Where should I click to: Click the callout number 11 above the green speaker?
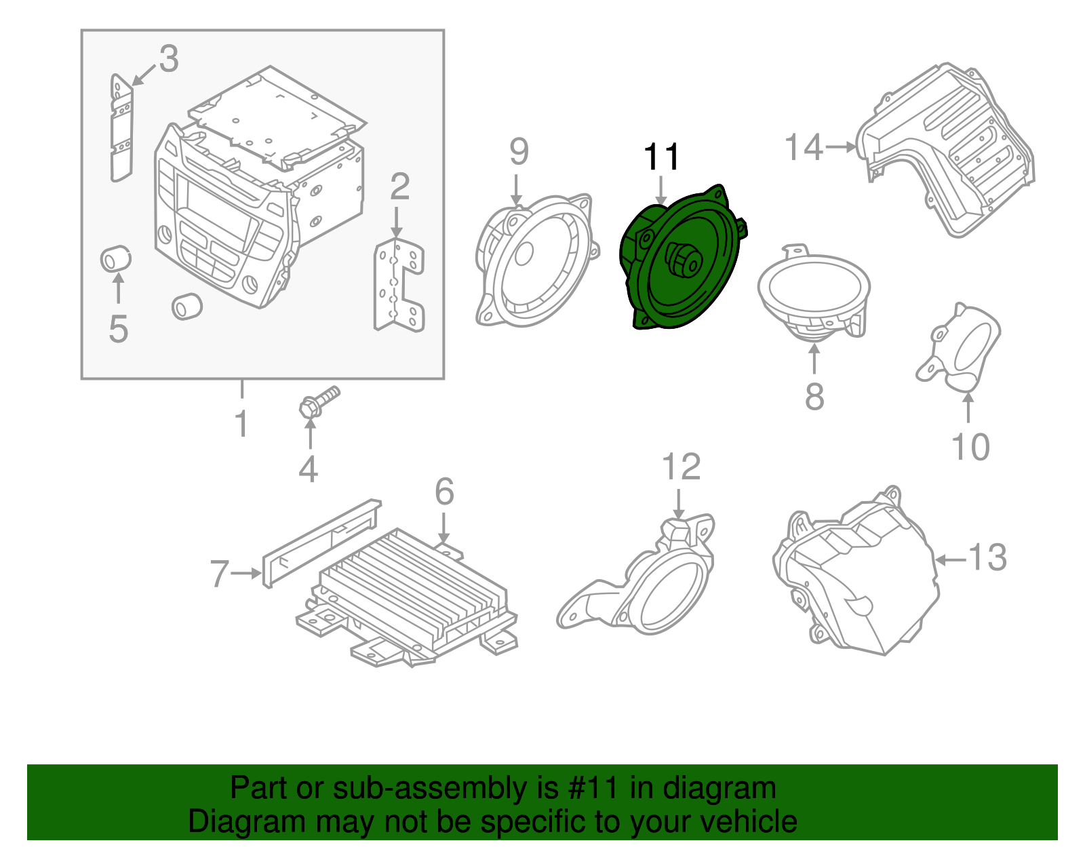661,157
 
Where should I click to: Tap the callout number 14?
804,147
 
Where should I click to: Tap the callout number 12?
680,467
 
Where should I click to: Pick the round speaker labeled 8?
814,292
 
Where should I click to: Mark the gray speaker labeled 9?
536,261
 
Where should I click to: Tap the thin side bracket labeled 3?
121,129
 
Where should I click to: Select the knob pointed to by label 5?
115,259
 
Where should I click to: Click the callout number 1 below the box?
241,425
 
